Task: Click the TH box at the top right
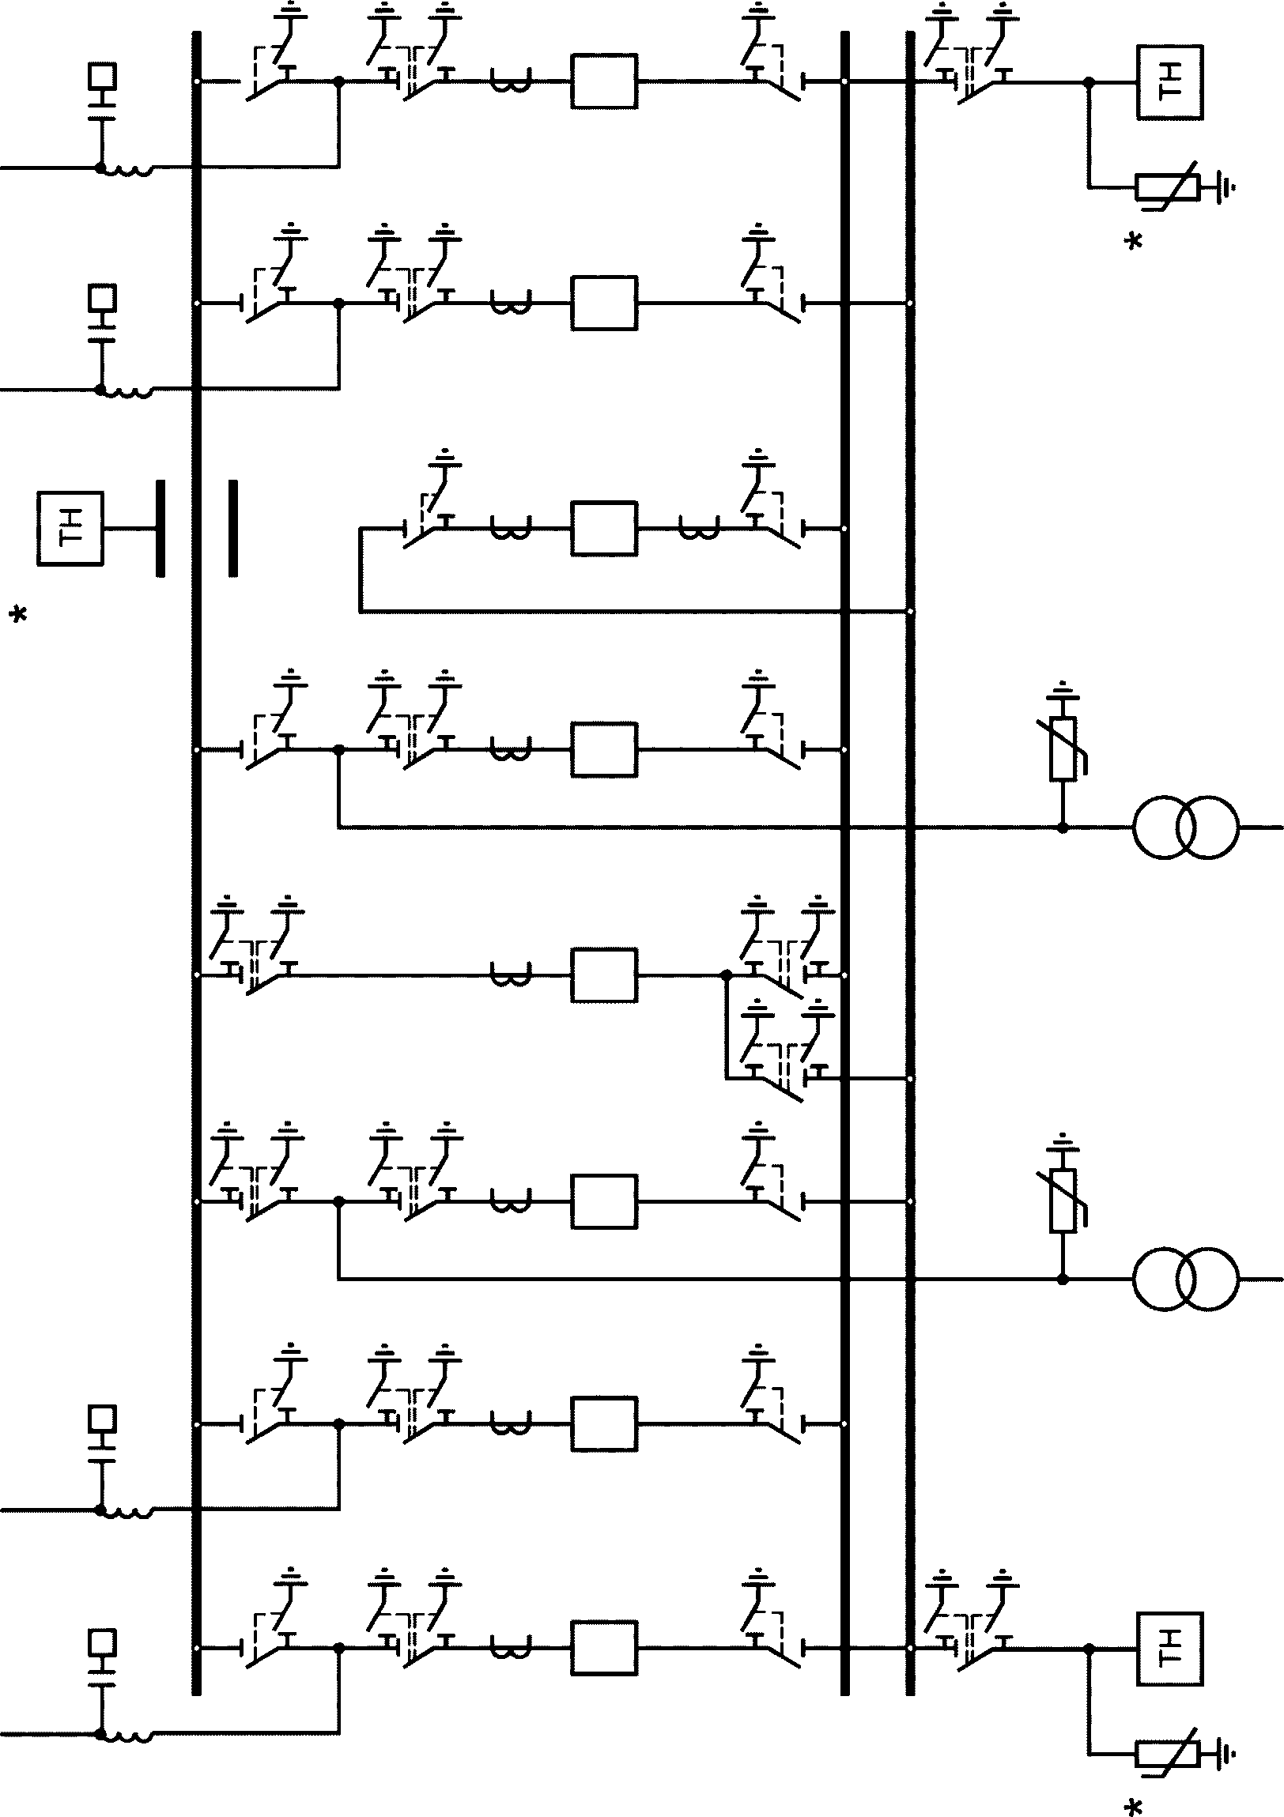pyautogui.click(x=1170, y=82)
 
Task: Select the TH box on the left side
pyautogui.click(x=70, y=529)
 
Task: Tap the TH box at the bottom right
pyautogui.click(x=1170, y=1649)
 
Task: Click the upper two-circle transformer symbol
pyautogui.click(x=1184, y=827)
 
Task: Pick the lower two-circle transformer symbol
pyautogui.click(x=1184, y=1279)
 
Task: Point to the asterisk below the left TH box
pyautogui.click(x=18, y=614)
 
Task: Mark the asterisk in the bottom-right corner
pyautogui.click(x=1134, y=1806)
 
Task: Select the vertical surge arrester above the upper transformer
pyautogui.click(x=1063, y=748)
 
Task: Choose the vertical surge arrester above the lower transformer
pyautogui.click(x=1063, y=1200)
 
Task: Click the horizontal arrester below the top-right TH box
pyautogui.click(x=1168, y=188)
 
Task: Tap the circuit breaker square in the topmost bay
pyautogui.click(x=604, y=81)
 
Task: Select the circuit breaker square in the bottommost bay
pyautogui.click(x=604, y=1649)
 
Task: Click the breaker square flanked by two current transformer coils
pyautogui.click(x=604, y=528)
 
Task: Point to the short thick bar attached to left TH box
pyautogui.click(x=160, y=528)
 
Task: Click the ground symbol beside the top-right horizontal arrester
pyautogui.click(x=1227, y=188)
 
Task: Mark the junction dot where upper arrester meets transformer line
pyautogui.click(x=1063, y=827)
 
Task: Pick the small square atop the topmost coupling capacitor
pyautogui.click(x=102, y=77)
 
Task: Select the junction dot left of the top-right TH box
pyautogui.click(x=1090, y=81)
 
